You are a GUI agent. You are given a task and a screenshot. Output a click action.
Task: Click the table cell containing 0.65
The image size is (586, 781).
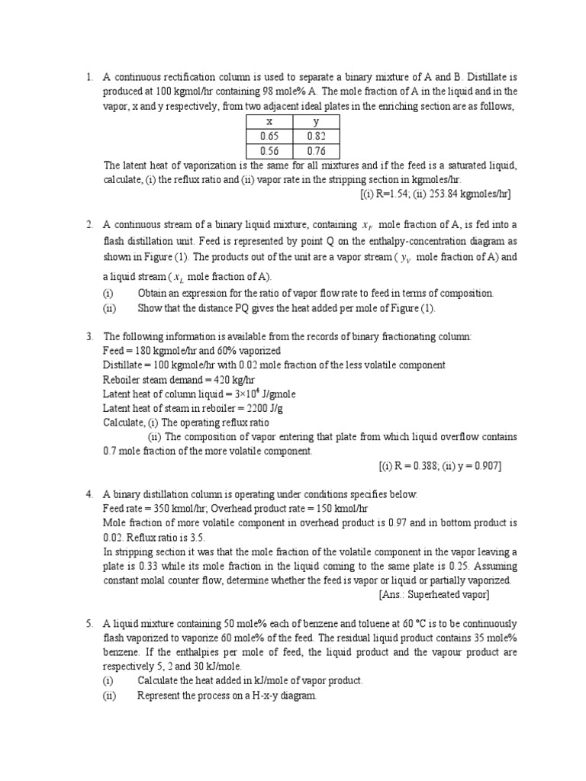click(269, 136)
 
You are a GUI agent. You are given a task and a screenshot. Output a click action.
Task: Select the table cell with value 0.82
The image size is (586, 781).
click(316, 136)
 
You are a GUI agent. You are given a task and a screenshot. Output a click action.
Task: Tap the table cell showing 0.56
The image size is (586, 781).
click(269, 150)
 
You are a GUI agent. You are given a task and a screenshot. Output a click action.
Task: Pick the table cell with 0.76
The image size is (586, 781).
click(316, 150)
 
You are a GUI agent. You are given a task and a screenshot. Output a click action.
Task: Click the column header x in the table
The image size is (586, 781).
click(269, 122)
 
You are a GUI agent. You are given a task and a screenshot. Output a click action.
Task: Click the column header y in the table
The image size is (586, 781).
click(316, 122)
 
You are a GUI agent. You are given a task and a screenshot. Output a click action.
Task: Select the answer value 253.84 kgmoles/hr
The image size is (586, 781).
click(468, 194)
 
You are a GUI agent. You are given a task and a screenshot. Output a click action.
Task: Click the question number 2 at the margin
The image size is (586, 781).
click(89, 224)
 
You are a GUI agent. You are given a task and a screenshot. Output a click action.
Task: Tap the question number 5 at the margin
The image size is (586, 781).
click(89, 623)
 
